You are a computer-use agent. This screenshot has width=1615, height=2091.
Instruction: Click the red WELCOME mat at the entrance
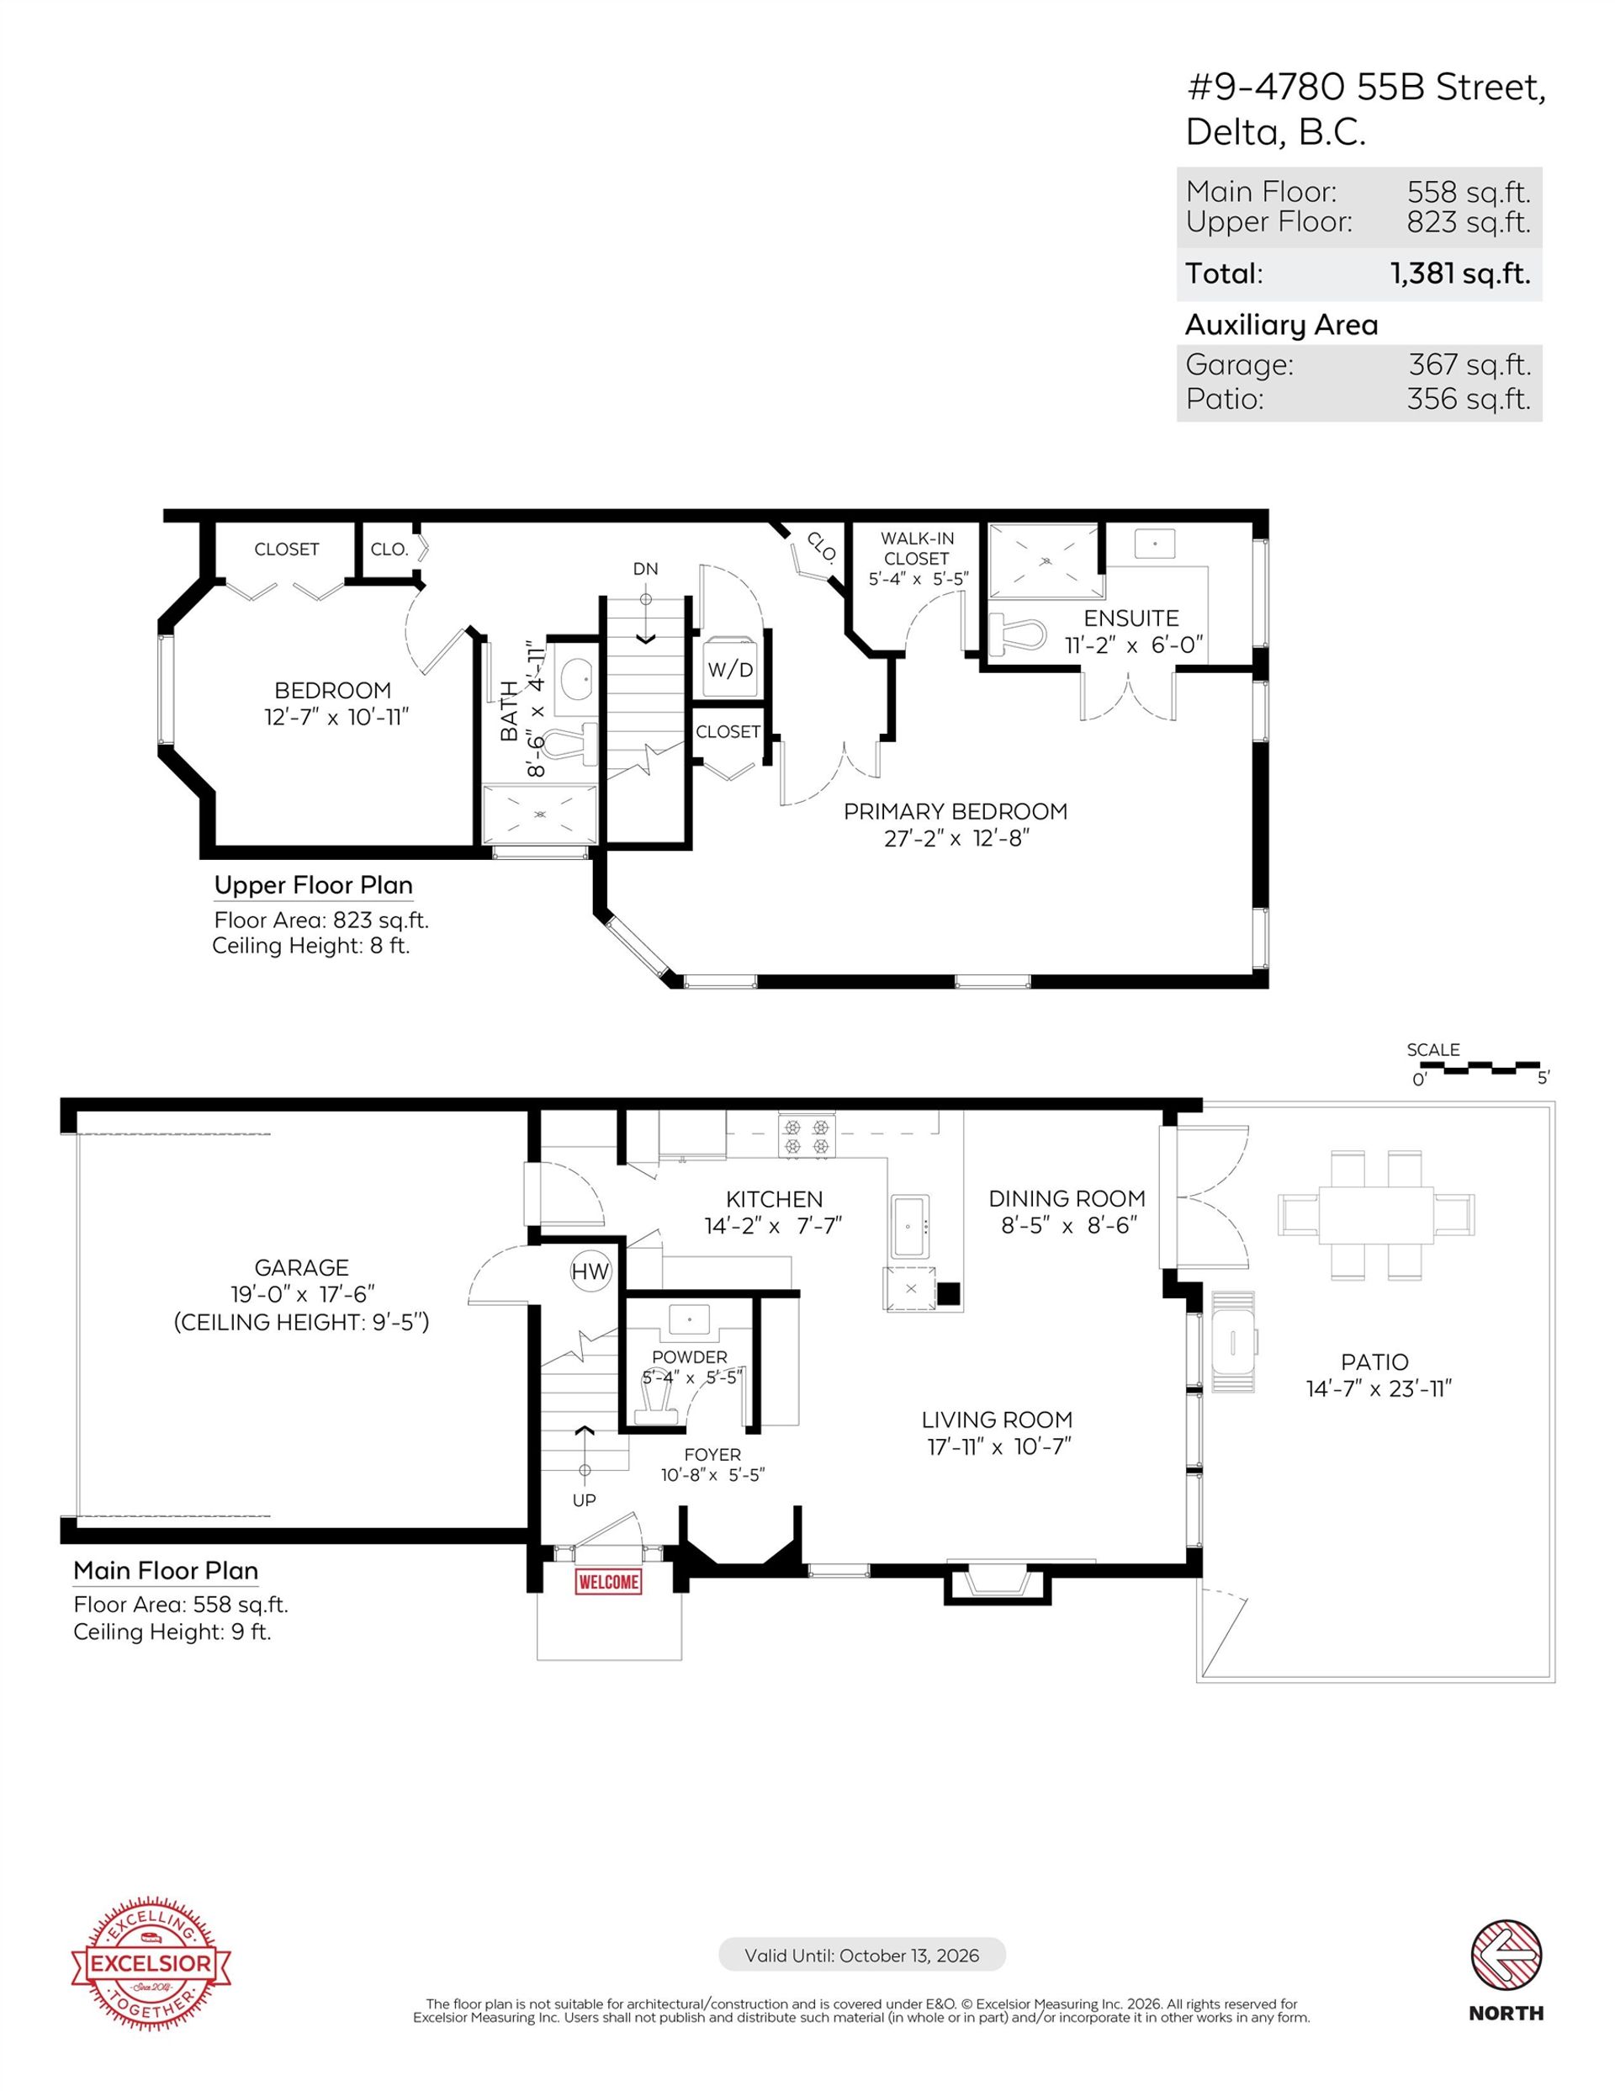point(608,1583)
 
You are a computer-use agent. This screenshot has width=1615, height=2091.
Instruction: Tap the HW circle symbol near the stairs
point(590,1271)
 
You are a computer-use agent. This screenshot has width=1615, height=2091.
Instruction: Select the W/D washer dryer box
point(730,668)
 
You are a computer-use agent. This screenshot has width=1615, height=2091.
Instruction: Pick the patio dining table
point(1375,1215)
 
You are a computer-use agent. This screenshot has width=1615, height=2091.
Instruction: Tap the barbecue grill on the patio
point(1233,1342)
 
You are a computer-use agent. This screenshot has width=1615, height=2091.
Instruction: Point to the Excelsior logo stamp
point(151,1965)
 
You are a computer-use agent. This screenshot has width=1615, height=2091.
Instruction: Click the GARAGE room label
point(302,1267)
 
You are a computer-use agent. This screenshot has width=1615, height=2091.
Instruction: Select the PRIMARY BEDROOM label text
point(955,812)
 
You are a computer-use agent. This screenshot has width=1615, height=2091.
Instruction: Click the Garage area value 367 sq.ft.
point(1469,365)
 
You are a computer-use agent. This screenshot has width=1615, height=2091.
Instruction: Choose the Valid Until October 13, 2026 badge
point(861,1955)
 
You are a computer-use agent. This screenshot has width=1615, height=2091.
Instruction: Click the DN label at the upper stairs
point(645,569)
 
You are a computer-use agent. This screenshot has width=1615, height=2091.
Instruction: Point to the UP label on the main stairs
point(584,1500)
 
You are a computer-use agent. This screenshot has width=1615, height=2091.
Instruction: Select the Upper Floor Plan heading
point(313,885)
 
